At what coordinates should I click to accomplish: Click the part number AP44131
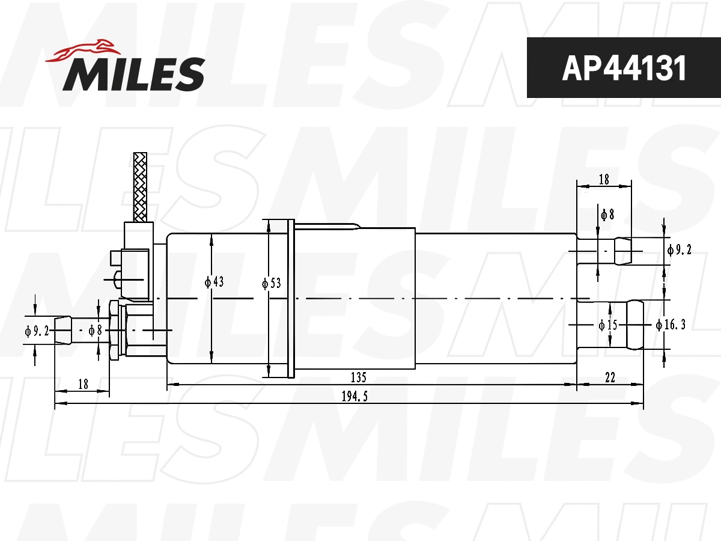(623, 69)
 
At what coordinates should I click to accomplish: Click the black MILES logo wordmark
(134, 73)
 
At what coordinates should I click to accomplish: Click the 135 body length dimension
(358, 377)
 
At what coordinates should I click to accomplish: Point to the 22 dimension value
(610, 377)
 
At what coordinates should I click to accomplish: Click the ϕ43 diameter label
(214, 282)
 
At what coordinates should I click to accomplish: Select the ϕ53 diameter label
(272, 283)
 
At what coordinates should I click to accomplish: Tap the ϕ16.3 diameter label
(671, 325)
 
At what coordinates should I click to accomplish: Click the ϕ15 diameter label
(607, 325)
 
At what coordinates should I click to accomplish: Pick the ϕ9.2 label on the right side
(679, 249)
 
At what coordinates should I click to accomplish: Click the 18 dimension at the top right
(604, 179)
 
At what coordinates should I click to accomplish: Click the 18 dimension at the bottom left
(83, 384)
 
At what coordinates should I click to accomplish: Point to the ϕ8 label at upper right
(607, 214)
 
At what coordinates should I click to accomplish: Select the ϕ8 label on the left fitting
(95, 330)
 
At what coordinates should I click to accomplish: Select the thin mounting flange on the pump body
(291, 299)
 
